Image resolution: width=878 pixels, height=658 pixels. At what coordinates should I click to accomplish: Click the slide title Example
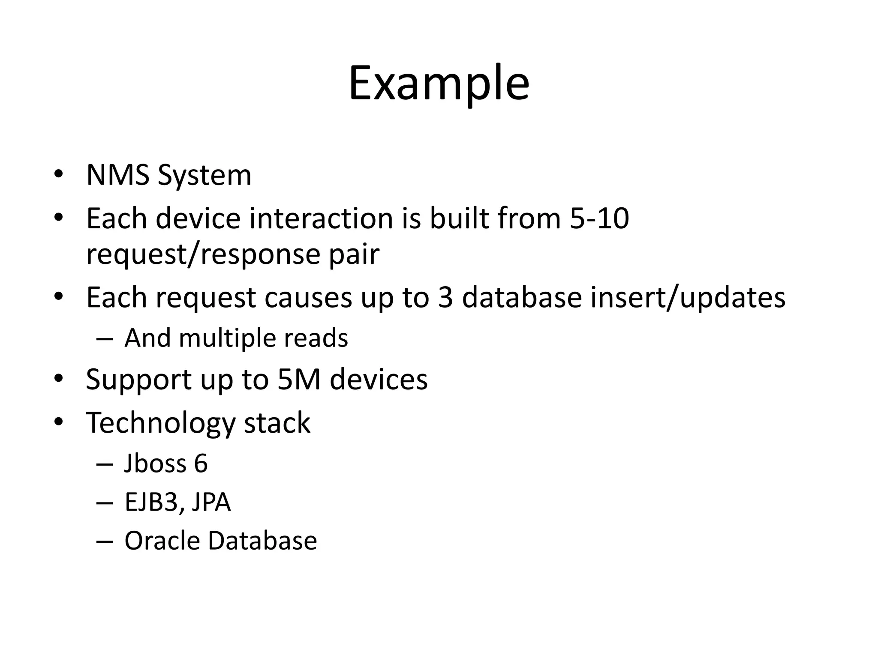pos(439,84)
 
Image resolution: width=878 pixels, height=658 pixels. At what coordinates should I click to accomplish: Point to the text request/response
pos(203,254)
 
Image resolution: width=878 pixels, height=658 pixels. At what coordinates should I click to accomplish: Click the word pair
pos(354,254)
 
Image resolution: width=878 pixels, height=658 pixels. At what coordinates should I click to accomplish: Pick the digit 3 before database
pos(445,297)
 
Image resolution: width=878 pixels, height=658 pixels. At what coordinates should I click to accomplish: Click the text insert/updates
pos(688,297)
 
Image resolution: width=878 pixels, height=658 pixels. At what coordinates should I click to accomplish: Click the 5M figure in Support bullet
pos(299,380)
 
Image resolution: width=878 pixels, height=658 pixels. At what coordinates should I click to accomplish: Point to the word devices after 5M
pos(379,380)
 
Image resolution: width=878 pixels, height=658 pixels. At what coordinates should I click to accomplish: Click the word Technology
pos(160,423)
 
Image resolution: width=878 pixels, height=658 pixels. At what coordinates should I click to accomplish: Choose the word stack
pos(277,423)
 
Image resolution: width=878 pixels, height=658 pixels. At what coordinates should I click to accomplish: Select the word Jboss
pos(155,464)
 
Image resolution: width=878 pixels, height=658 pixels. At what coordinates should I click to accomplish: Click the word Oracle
pos(162,541)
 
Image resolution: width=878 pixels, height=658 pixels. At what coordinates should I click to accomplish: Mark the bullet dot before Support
pos(59,379)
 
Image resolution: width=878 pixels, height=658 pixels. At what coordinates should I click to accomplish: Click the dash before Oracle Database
pos(105,541)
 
